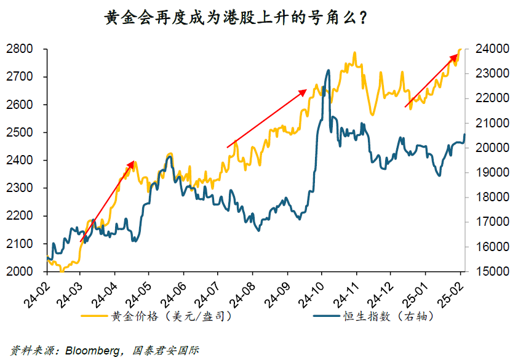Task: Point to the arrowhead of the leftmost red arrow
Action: click(133, 162)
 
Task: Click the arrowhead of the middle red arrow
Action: click(305, 90)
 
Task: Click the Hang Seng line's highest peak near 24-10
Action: click(328, 70)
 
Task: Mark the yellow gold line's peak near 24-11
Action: click(355, 53)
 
